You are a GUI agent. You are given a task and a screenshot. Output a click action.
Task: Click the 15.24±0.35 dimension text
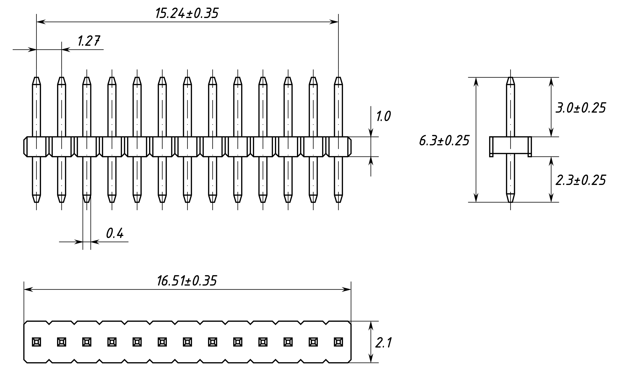(187, 13)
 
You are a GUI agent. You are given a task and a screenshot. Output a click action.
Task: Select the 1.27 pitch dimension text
(89, 41)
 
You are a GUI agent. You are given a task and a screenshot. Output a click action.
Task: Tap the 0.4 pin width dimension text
(115, 233)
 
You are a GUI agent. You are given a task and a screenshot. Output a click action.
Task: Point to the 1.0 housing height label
(383, 116)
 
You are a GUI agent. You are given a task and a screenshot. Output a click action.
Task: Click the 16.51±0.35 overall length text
(187, 281)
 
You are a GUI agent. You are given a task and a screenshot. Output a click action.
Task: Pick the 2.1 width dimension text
(383, 343)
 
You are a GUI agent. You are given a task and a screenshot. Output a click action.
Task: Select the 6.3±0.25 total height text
(444, 141)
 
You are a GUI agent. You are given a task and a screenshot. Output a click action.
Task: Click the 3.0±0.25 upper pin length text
(580, 108)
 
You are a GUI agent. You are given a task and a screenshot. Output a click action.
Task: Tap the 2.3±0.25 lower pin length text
(580, 180)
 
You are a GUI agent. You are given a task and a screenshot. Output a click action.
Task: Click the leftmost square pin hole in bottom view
(37, 342)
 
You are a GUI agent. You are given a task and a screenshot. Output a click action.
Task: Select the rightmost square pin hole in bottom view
(339, 342)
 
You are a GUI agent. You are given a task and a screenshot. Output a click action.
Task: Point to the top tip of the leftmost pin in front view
(37, 77)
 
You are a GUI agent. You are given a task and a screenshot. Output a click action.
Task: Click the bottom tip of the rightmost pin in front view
(339, 202)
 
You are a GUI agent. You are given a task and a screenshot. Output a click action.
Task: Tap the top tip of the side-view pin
(510, 77)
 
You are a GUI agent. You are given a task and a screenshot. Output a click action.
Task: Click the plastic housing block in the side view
(510, 146)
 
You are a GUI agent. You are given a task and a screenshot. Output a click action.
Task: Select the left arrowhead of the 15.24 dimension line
(41, 22)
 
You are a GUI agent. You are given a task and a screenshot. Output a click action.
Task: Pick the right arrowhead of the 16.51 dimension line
(346, 290)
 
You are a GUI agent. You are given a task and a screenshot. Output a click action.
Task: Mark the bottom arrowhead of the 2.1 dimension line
(371, 358)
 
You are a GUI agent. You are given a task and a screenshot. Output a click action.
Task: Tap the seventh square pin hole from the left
(187, 342)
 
